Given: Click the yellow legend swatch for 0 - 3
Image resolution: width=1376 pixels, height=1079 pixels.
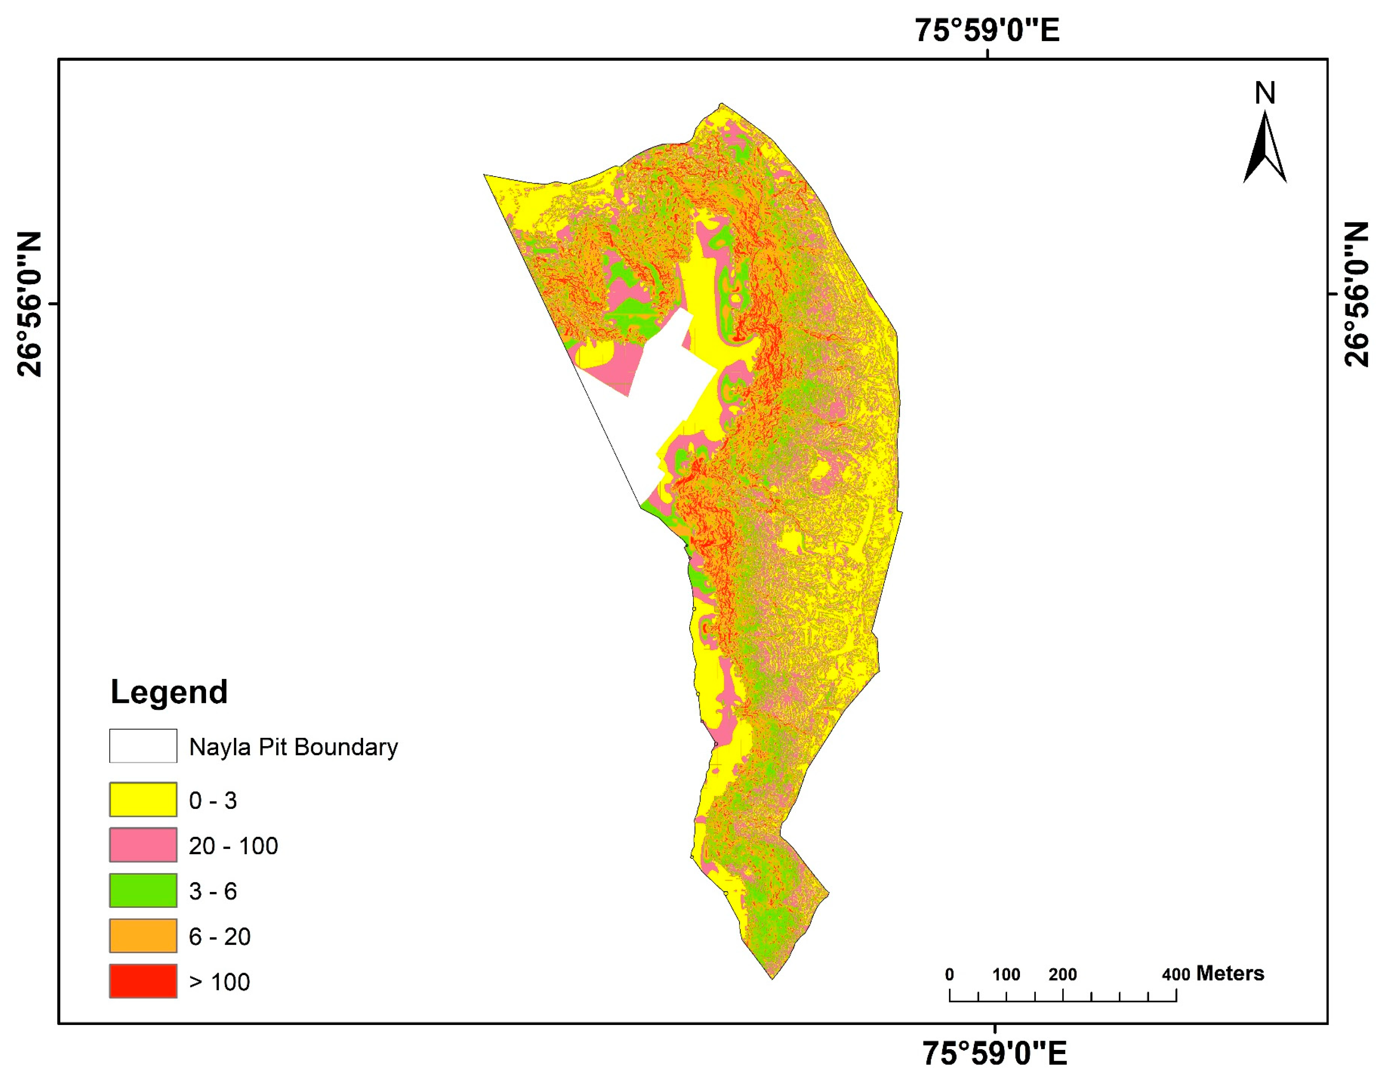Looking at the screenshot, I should point(143,800).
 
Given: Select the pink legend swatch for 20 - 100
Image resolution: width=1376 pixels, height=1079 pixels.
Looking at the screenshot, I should point(143,845).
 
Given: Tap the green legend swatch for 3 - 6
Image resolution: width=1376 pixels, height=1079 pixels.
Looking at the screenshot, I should point(143,891).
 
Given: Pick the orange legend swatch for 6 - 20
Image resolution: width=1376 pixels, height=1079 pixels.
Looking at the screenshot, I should point(143,936).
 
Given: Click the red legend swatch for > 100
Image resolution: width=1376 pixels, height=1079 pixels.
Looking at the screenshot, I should point(143,981).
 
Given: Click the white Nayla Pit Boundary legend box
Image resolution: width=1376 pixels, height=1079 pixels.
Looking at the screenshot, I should point(143,746).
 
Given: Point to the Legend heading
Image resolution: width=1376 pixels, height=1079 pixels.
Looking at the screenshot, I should point(169,692).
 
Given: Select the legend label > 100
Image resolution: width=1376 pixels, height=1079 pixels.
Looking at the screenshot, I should point(219,982).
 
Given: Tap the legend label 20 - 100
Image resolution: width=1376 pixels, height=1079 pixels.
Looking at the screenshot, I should point(233,846).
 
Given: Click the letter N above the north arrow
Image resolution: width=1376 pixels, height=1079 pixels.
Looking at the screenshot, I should point(1265,93).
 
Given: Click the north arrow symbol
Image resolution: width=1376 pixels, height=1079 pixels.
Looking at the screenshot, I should point(1265,148).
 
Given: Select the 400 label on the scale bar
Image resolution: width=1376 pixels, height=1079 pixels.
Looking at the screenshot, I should point(1176,974).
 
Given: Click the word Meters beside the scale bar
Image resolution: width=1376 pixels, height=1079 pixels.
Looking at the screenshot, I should point(1230,973).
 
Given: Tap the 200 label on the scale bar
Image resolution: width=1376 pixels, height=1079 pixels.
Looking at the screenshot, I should point(1063,974).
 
